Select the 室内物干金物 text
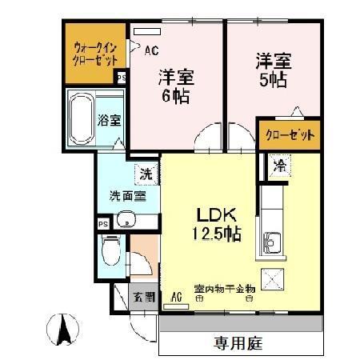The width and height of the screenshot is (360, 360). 224,288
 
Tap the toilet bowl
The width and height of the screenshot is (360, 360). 111,254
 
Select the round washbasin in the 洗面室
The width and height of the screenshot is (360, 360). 124,220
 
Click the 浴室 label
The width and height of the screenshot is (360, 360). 109,122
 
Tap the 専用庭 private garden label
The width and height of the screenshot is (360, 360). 239,344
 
